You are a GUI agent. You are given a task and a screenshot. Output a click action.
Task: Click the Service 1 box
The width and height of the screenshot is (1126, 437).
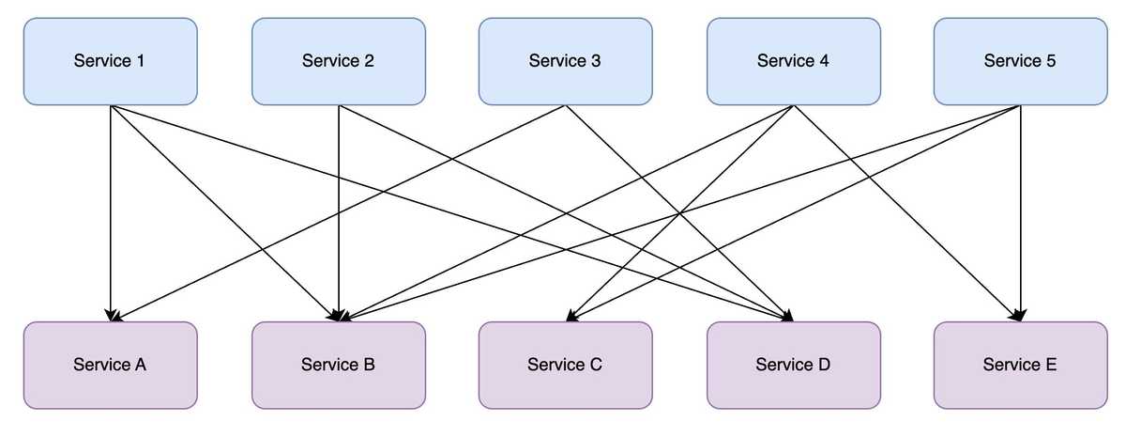[x=110, y=61]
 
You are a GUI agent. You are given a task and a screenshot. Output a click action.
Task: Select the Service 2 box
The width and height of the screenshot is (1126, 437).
[x=338, y=61]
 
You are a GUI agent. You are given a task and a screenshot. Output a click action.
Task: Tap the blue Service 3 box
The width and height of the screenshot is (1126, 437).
[x=565, y=61]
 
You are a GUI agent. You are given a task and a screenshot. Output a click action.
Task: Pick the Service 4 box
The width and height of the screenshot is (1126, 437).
[x=793, y=61]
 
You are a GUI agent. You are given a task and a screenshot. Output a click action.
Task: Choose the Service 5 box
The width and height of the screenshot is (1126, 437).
[x=1020, y=61]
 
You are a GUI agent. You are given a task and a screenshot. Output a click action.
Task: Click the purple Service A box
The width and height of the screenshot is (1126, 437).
[x=110, y=365]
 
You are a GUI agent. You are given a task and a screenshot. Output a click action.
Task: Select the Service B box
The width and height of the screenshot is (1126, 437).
[x=338, y=365]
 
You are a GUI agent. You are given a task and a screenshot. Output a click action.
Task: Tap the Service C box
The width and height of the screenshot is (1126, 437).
[x=565, y=365]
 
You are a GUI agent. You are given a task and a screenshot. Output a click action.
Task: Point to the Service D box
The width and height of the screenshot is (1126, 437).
[x=793, y=365]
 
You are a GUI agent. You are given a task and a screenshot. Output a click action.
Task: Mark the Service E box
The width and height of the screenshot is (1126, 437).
[x=1020, y=365]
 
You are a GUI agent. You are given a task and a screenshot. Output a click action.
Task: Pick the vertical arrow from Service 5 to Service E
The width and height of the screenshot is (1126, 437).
[x=1020, y=216]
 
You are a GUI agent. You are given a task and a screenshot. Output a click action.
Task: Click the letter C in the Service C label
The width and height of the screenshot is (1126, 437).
[x=597, y=365]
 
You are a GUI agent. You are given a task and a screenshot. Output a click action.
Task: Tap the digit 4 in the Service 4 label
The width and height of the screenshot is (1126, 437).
[x=825, y=61]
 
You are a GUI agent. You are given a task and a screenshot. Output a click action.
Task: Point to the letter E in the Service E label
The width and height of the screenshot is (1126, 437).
[x=1051, y=365]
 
